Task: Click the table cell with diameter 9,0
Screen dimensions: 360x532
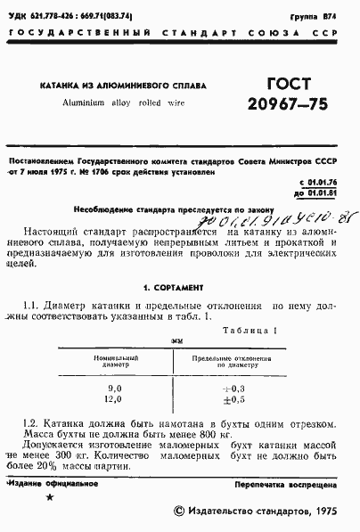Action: [x=114, y=389]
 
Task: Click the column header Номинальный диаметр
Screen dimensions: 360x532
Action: [x=114, y=360]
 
